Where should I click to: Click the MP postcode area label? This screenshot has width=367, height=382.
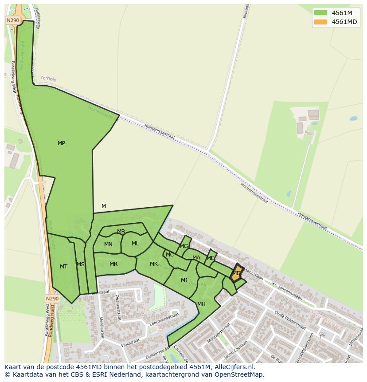61,143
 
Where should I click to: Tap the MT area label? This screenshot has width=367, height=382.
63,267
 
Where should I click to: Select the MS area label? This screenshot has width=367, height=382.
80,264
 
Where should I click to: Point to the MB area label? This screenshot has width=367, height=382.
121,232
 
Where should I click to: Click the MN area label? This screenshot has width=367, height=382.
108,244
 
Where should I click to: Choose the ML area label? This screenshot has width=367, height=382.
135,244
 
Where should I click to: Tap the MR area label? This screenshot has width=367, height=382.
113,264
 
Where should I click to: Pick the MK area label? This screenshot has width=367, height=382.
154,264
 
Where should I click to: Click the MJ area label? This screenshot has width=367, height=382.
184,280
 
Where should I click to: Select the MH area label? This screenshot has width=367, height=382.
201,304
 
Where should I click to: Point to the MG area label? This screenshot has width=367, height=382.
183,246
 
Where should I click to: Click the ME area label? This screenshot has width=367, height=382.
211,258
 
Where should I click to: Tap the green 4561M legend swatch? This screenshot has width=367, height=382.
320,13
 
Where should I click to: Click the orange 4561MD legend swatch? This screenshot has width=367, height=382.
320,22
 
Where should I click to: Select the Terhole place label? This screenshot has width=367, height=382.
48,79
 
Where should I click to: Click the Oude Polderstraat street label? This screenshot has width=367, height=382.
290,320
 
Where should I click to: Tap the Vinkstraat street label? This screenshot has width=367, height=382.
130,342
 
